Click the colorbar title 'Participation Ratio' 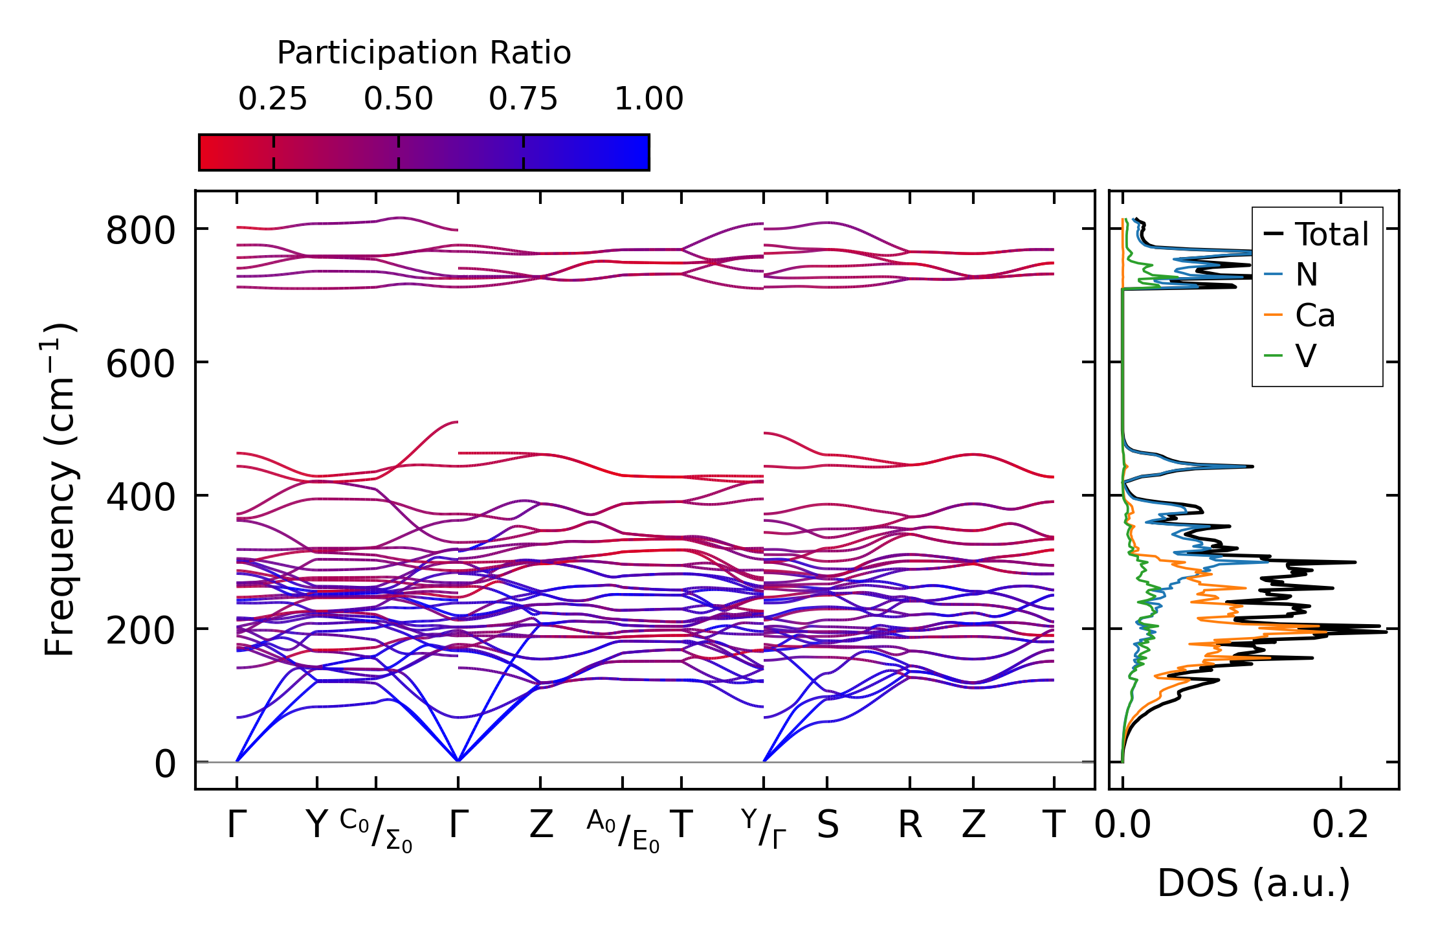[424, 52]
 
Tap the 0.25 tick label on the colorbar [272, 99]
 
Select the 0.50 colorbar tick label [398, 99]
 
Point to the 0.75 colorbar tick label [523, 99]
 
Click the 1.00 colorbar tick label [648, 99]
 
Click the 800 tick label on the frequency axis [140, 230]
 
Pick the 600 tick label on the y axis [140, 364]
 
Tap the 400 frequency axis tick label [140, 497]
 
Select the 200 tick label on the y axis [140, 631]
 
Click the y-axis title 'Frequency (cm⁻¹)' [60, 489]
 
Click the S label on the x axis [828, 825]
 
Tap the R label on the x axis [909, 825]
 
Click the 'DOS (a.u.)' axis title [1254, 883]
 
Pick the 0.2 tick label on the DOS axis [1340, 825]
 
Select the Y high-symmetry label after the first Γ [316, 825]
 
